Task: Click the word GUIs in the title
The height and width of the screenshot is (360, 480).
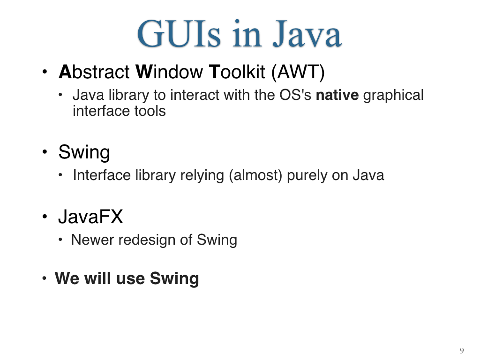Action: pyautogui.click(x=179, y=34)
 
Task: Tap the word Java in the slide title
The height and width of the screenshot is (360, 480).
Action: pyautogui.click(x=307, y=34)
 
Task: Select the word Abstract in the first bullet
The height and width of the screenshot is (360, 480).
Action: pyautogui.click(x=94, y=72)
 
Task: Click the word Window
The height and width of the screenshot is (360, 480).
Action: pyautogui.click(x=169, y=72)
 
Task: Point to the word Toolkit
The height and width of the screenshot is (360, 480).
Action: pyautogui.click(x=237, y=72)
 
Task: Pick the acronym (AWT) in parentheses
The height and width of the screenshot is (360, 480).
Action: pyautogui.click(x=298, y=73)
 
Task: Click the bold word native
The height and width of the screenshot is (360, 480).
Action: pyautogui.click(x=337, y=95)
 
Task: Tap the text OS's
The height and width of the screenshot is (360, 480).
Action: pyautogui.click(x=295, y=95)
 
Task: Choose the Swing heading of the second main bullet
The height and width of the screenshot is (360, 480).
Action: pyautogui.click(x=84, y=152)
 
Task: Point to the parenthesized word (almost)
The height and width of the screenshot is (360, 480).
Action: pyautogui.click(x=255, y=176)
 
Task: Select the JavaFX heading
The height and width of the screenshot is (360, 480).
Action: pyautogui.click(x=90, y=217)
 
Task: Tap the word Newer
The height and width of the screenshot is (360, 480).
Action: pyautogui.click(x=92, y=240)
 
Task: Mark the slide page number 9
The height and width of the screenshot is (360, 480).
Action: pyautogui.click(x=462, y=351)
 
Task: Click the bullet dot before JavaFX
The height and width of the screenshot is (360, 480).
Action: pyautogui.click(x=45, y=217)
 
